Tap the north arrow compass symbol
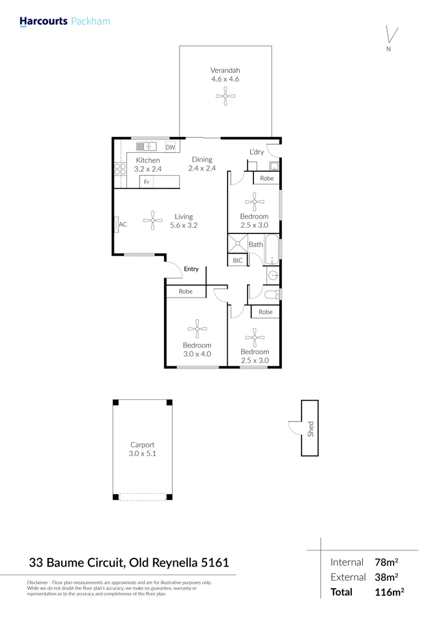click(x=391, y=35)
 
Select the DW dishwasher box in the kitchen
click(x=170, y=148)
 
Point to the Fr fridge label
click(x=146, y=182)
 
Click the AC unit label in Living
click(x=121, y=225)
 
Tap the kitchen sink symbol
click(x=147, y=146)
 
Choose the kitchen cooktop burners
click(x=120, y=168)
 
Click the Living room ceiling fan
click(x=153, y=220)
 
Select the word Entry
click(x=191, y=269)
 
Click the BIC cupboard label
click(x=237, y=260)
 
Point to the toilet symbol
click(x=272, y=295)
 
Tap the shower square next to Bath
click(x=237, y=243)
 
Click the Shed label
click(x=311, y=429)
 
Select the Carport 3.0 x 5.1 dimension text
click(x=142, y=453)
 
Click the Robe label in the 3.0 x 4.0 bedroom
click(x=185, y=291)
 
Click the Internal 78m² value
click(x=386, y=562)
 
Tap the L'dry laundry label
click(x=256, y=152)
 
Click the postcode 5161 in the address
click(x=215, y=563)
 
